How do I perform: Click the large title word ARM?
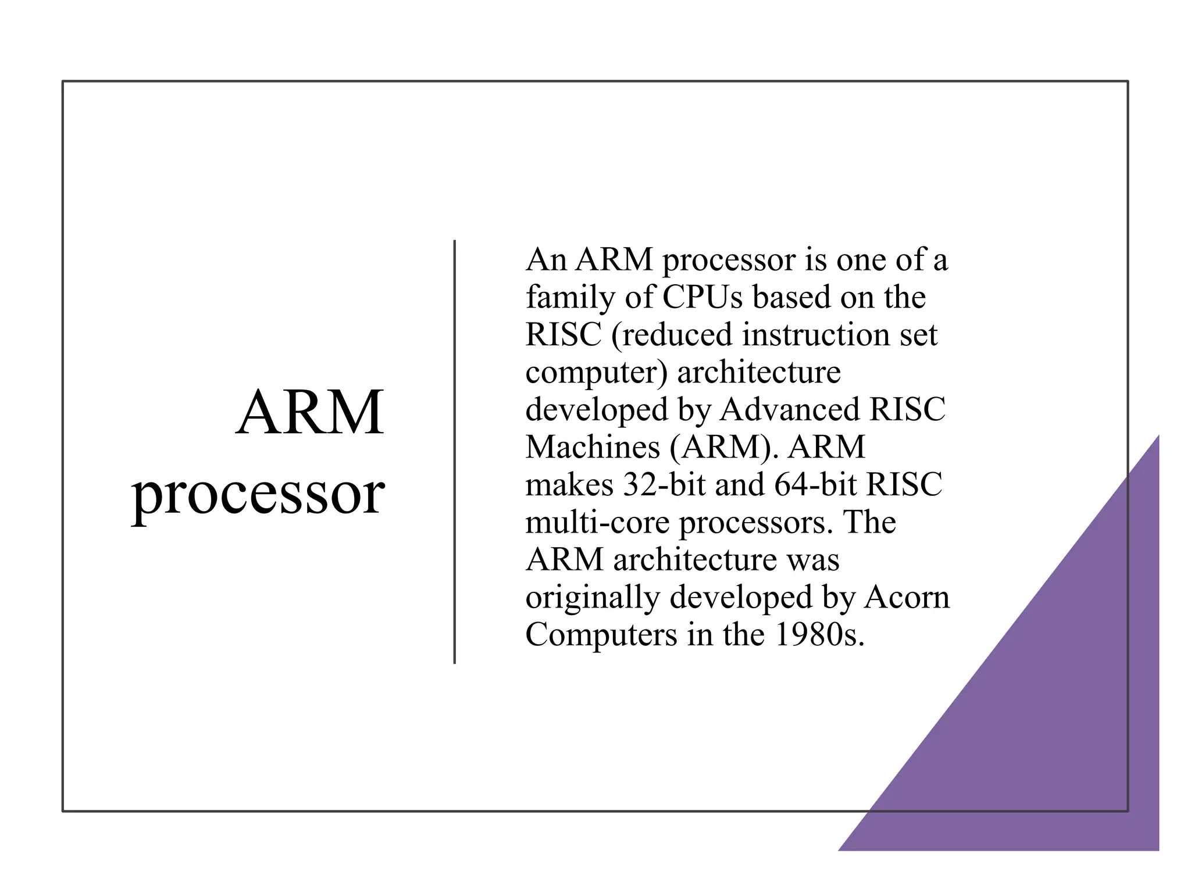[310, 412]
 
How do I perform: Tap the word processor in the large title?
[258, 494]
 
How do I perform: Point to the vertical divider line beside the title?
[454, 452]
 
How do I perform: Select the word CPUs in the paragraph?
[702, 297]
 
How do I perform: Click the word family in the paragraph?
[570, 298]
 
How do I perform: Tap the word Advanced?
[790, 410]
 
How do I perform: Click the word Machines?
[592, 447]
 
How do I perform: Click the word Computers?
[601, 634]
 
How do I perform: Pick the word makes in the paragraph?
[569, 485]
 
